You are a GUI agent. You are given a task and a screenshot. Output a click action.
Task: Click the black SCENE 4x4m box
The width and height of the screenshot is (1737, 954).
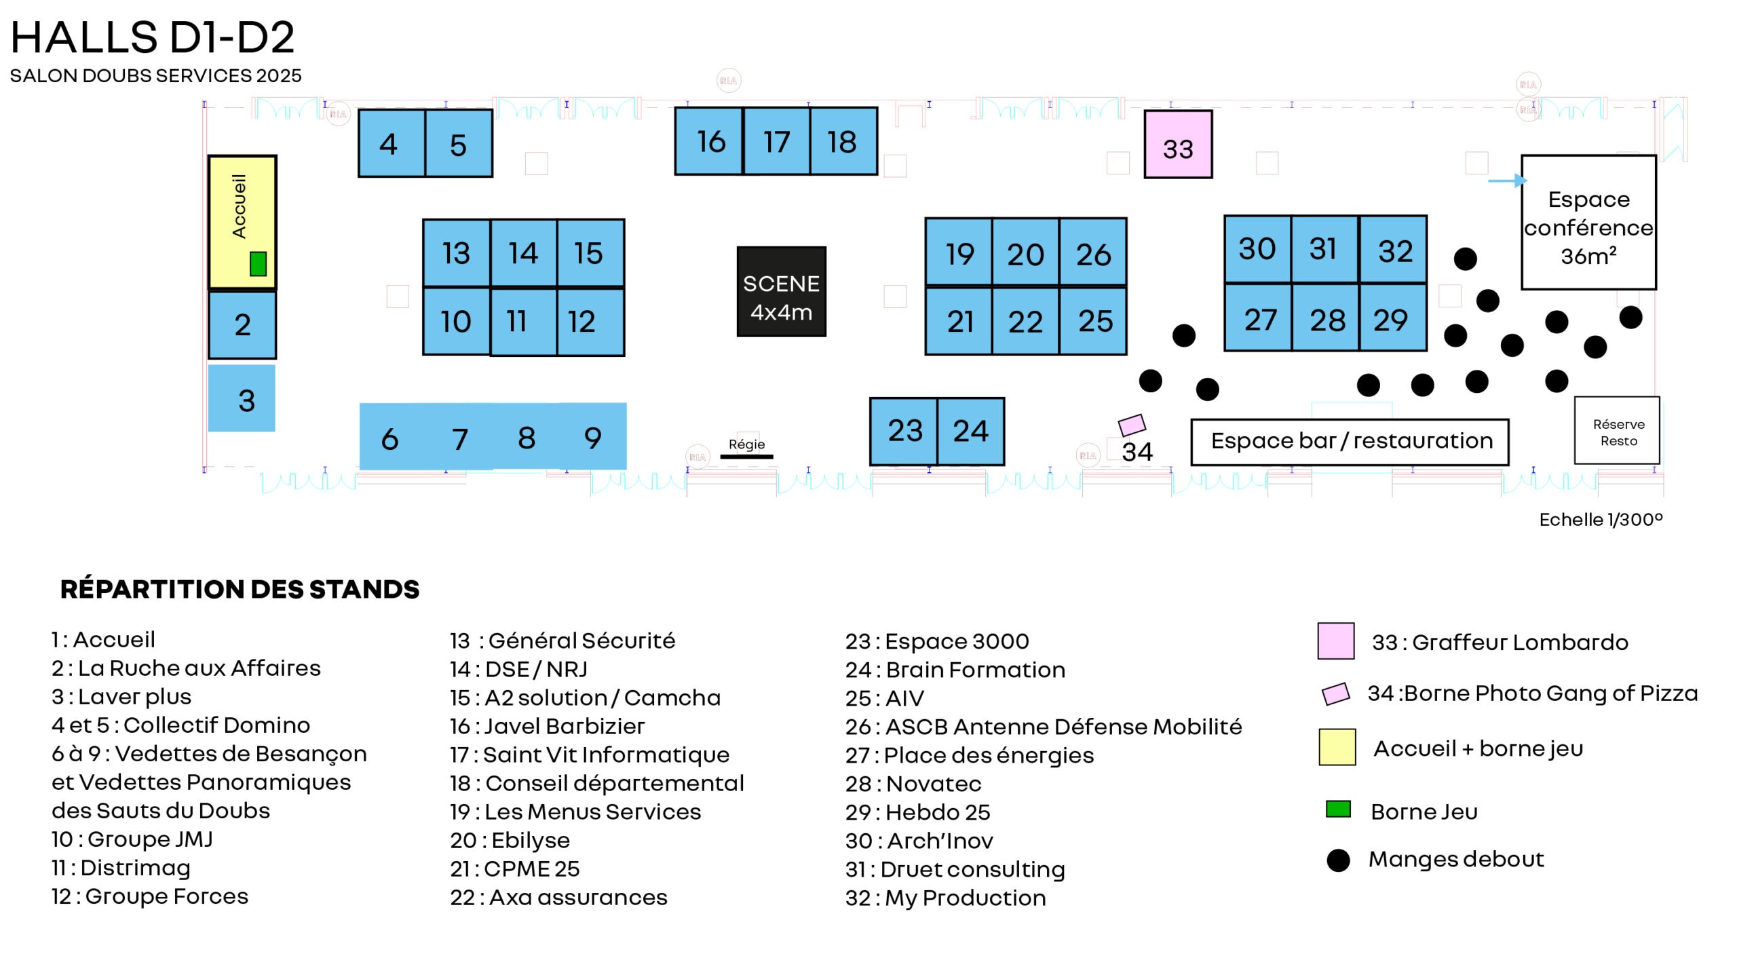click(x=781, y=292)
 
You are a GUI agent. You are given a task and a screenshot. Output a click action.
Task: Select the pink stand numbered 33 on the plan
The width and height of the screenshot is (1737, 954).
click(x=1177, y=145)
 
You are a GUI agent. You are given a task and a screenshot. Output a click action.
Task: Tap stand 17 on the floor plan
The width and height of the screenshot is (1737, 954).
click(x=776, y=141)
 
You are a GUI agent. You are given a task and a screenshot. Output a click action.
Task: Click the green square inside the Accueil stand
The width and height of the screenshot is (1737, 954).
click(x=258, y=263)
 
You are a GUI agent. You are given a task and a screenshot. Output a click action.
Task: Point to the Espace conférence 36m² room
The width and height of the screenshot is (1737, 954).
click(x=1588, y=223)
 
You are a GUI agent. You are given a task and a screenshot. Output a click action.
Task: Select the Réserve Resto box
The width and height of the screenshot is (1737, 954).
click(x=1618, y=432)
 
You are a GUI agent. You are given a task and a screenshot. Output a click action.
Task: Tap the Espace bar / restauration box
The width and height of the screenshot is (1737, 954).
click(x=1350, y=442)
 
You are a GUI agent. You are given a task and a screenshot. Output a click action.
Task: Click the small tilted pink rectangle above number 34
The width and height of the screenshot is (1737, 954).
click(x=1132, y=425)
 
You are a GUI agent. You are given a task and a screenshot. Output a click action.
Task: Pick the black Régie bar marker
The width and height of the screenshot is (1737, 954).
click(x=746, y=457)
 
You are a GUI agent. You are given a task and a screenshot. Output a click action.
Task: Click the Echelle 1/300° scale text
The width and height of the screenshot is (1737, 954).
click(x=1600, y=520)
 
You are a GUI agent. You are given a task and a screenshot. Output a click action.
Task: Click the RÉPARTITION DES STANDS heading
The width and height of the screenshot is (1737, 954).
click(x=240, y=589)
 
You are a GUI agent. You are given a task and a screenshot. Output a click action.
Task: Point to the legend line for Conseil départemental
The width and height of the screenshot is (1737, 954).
click(x=596, y=783)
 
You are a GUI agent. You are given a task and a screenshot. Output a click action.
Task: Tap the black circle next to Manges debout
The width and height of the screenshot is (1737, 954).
click(x=1338, y=860)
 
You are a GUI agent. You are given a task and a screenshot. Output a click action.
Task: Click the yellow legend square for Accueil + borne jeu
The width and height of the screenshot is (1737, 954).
click(x=1337, y=747)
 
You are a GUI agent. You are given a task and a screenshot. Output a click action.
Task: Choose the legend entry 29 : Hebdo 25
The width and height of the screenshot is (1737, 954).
click(x=917, y=812)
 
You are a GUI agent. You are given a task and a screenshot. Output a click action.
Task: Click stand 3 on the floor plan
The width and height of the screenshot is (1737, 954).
click(x=242, y=399)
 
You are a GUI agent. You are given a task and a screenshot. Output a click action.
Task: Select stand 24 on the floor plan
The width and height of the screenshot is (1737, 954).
click(x=970, y=432)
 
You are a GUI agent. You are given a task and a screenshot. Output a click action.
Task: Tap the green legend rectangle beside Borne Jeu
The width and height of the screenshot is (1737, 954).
click(x=1338, y=809)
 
